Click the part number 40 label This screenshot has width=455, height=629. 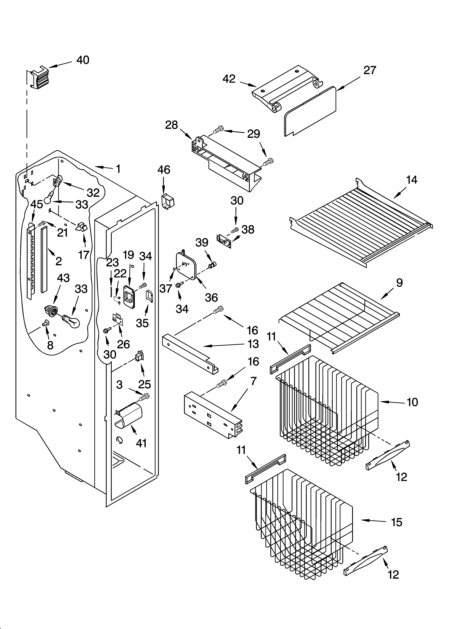[83, 60]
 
